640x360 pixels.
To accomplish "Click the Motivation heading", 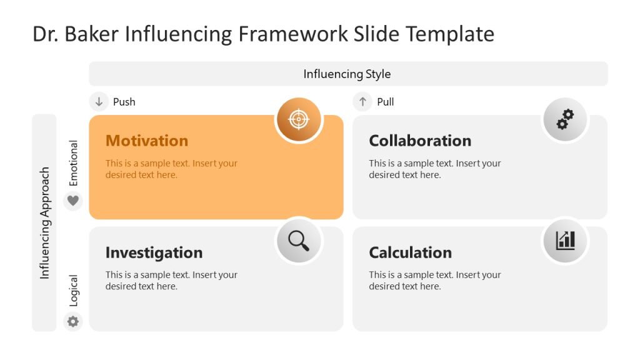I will tap(146, 141).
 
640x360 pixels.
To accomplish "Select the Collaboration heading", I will tap(419, 141).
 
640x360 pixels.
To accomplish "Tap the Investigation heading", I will tap(154, 252).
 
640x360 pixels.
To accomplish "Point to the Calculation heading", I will tap(410, 252).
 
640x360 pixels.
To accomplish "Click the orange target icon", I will tap(299, 119).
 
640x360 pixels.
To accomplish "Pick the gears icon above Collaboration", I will tap(565, 119).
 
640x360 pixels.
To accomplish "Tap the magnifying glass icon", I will tap(299, 241).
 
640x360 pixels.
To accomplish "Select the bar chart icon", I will tap(565, 241).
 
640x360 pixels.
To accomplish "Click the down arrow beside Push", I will tap(99, 101).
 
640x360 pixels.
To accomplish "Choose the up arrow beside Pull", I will tap(362, 101).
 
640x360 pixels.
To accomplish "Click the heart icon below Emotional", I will tap(73, 201).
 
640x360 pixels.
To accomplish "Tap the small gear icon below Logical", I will tap(73, 321).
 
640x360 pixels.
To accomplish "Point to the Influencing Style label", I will tap(347, 74).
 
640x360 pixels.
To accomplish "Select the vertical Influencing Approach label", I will tap(44, 222).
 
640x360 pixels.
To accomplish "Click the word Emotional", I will tap(74, 163).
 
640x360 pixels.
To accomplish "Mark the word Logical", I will tap(74, 291).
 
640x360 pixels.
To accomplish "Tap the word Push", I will tap(124, 102).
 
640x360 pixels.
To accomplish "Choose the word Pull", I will tap(385, 102).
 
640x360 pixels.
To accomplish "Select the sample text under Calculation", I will tap(434, 281).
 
